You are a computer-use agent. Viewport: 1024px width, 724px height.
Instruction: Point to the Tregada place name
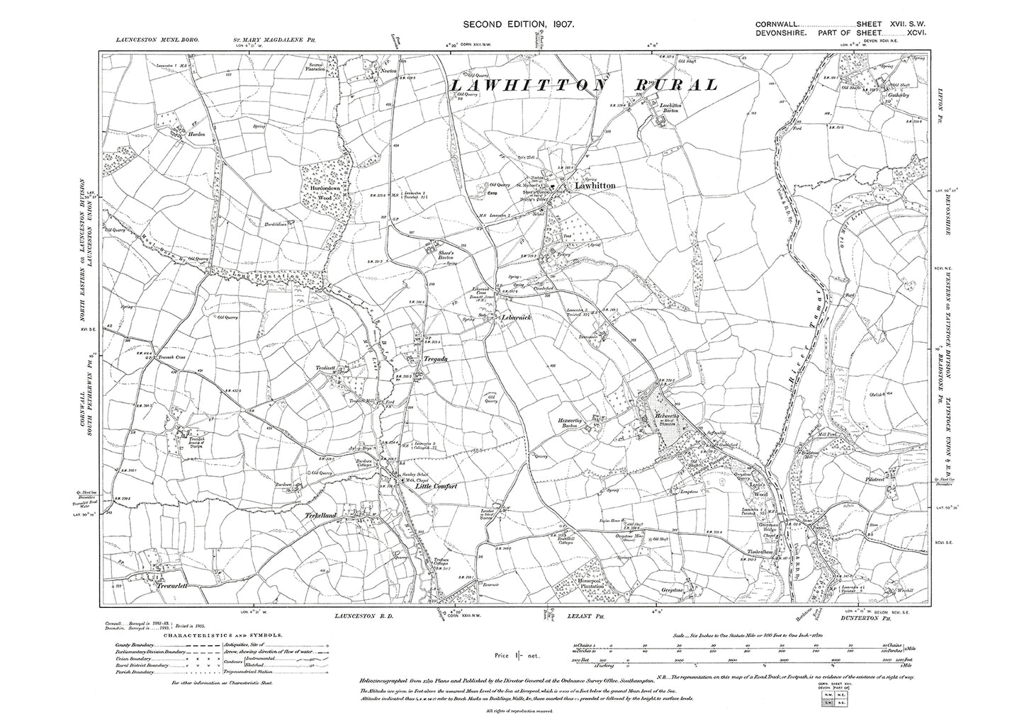[435, 359]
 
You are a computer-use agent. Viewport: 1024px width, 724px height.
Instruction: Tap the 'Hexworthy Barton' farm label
[575, 419]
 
